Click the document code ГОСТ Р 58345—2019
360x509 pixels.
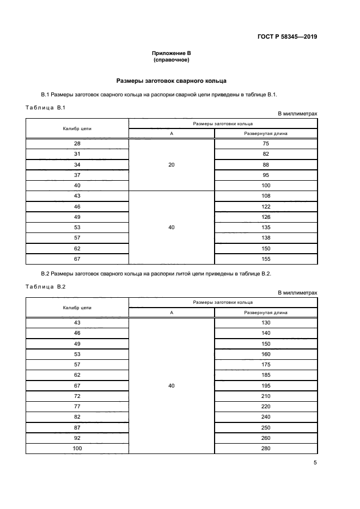pos(287,37)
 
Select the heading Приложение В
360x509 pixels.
pos(171,53)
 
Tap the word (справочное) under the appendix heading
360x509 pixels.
pos(171,60)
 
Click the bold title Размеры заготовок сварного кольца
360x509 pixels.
pos(171,81)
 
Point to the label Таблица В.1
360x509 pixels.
pos(45,107)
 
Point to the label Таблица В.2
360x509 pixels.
pos(45,287)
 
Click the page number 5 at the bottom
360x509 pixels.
pos(315,463)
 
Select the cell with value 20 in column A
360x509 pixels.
pos(172,164)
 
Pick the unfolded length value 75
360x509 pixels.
pos(266,144)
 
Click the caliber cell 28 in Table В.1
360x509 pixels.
pos(77,144)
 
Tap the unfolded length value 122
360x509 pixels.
pos(266,207)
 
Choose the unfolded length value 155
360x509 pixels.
pos(266,259)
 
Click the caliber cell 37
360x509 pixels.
pos(77,175)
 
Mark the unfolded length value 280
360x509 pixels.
pos(266,448)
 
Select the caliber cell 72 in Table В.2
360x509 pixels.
pos(77,396)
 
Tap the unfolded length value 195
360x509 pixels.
pos(266,385)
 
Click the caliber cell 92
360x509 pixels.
pos(77,438)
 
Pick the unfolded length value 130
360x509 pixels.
pos(266,323)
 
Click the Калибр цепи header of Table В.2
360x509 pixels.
pos(77,308)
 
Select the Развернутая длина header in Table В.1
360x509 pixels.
pos(266,133)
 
